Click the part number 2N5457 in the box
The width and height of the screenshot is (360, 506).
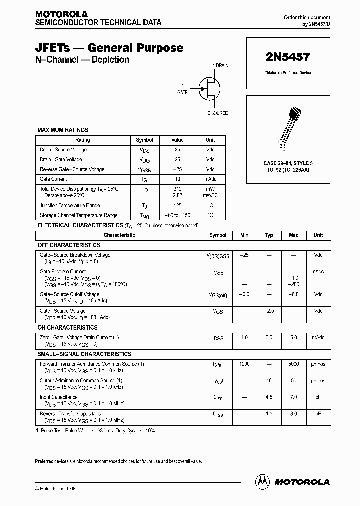click(x=288, y=58)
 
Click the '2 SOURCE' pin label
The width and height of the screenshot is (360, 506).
click(x=218, y=113)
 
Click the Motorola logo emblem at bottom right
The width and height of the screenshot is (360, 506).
click(x=262, y=481)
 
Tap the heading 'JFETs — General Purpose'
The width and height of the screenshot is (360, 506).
click(x=109, y=48)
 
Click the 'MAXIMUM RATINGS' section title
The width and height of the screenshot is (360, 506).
click(x=63, y=130)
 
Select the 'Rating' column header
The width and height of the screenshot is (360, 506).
click(x=83, y=140)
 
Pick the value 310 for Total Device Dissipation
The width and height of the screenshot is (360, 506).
click(x=177, y=189)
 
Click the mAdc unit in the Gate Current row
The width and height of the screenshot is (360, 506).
click(x=210, y=179)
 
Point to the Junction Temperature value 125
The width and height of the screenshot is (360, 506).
click(x=177, y=205)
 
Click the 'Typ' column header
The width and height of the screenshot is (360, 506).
click(x=269, y=235)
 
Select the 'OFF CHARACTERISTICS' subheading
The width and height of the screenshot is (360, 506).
click(x=69, y=245)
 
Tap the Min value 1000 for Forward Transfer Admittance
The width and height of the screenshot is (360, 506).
click(x=244, y=364)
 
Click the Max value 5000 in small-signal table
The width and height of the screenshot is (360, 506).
click(x=293, y=364)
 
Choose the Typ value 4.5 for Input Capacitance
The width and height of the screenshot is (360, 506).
click(x=269, y=397)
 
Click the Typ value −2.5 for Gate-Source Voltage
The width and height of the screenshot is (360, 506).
click(x=269, y=311)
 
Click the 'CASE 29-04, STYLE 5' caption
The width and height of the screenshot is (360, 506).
click(x=288, y=163)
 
